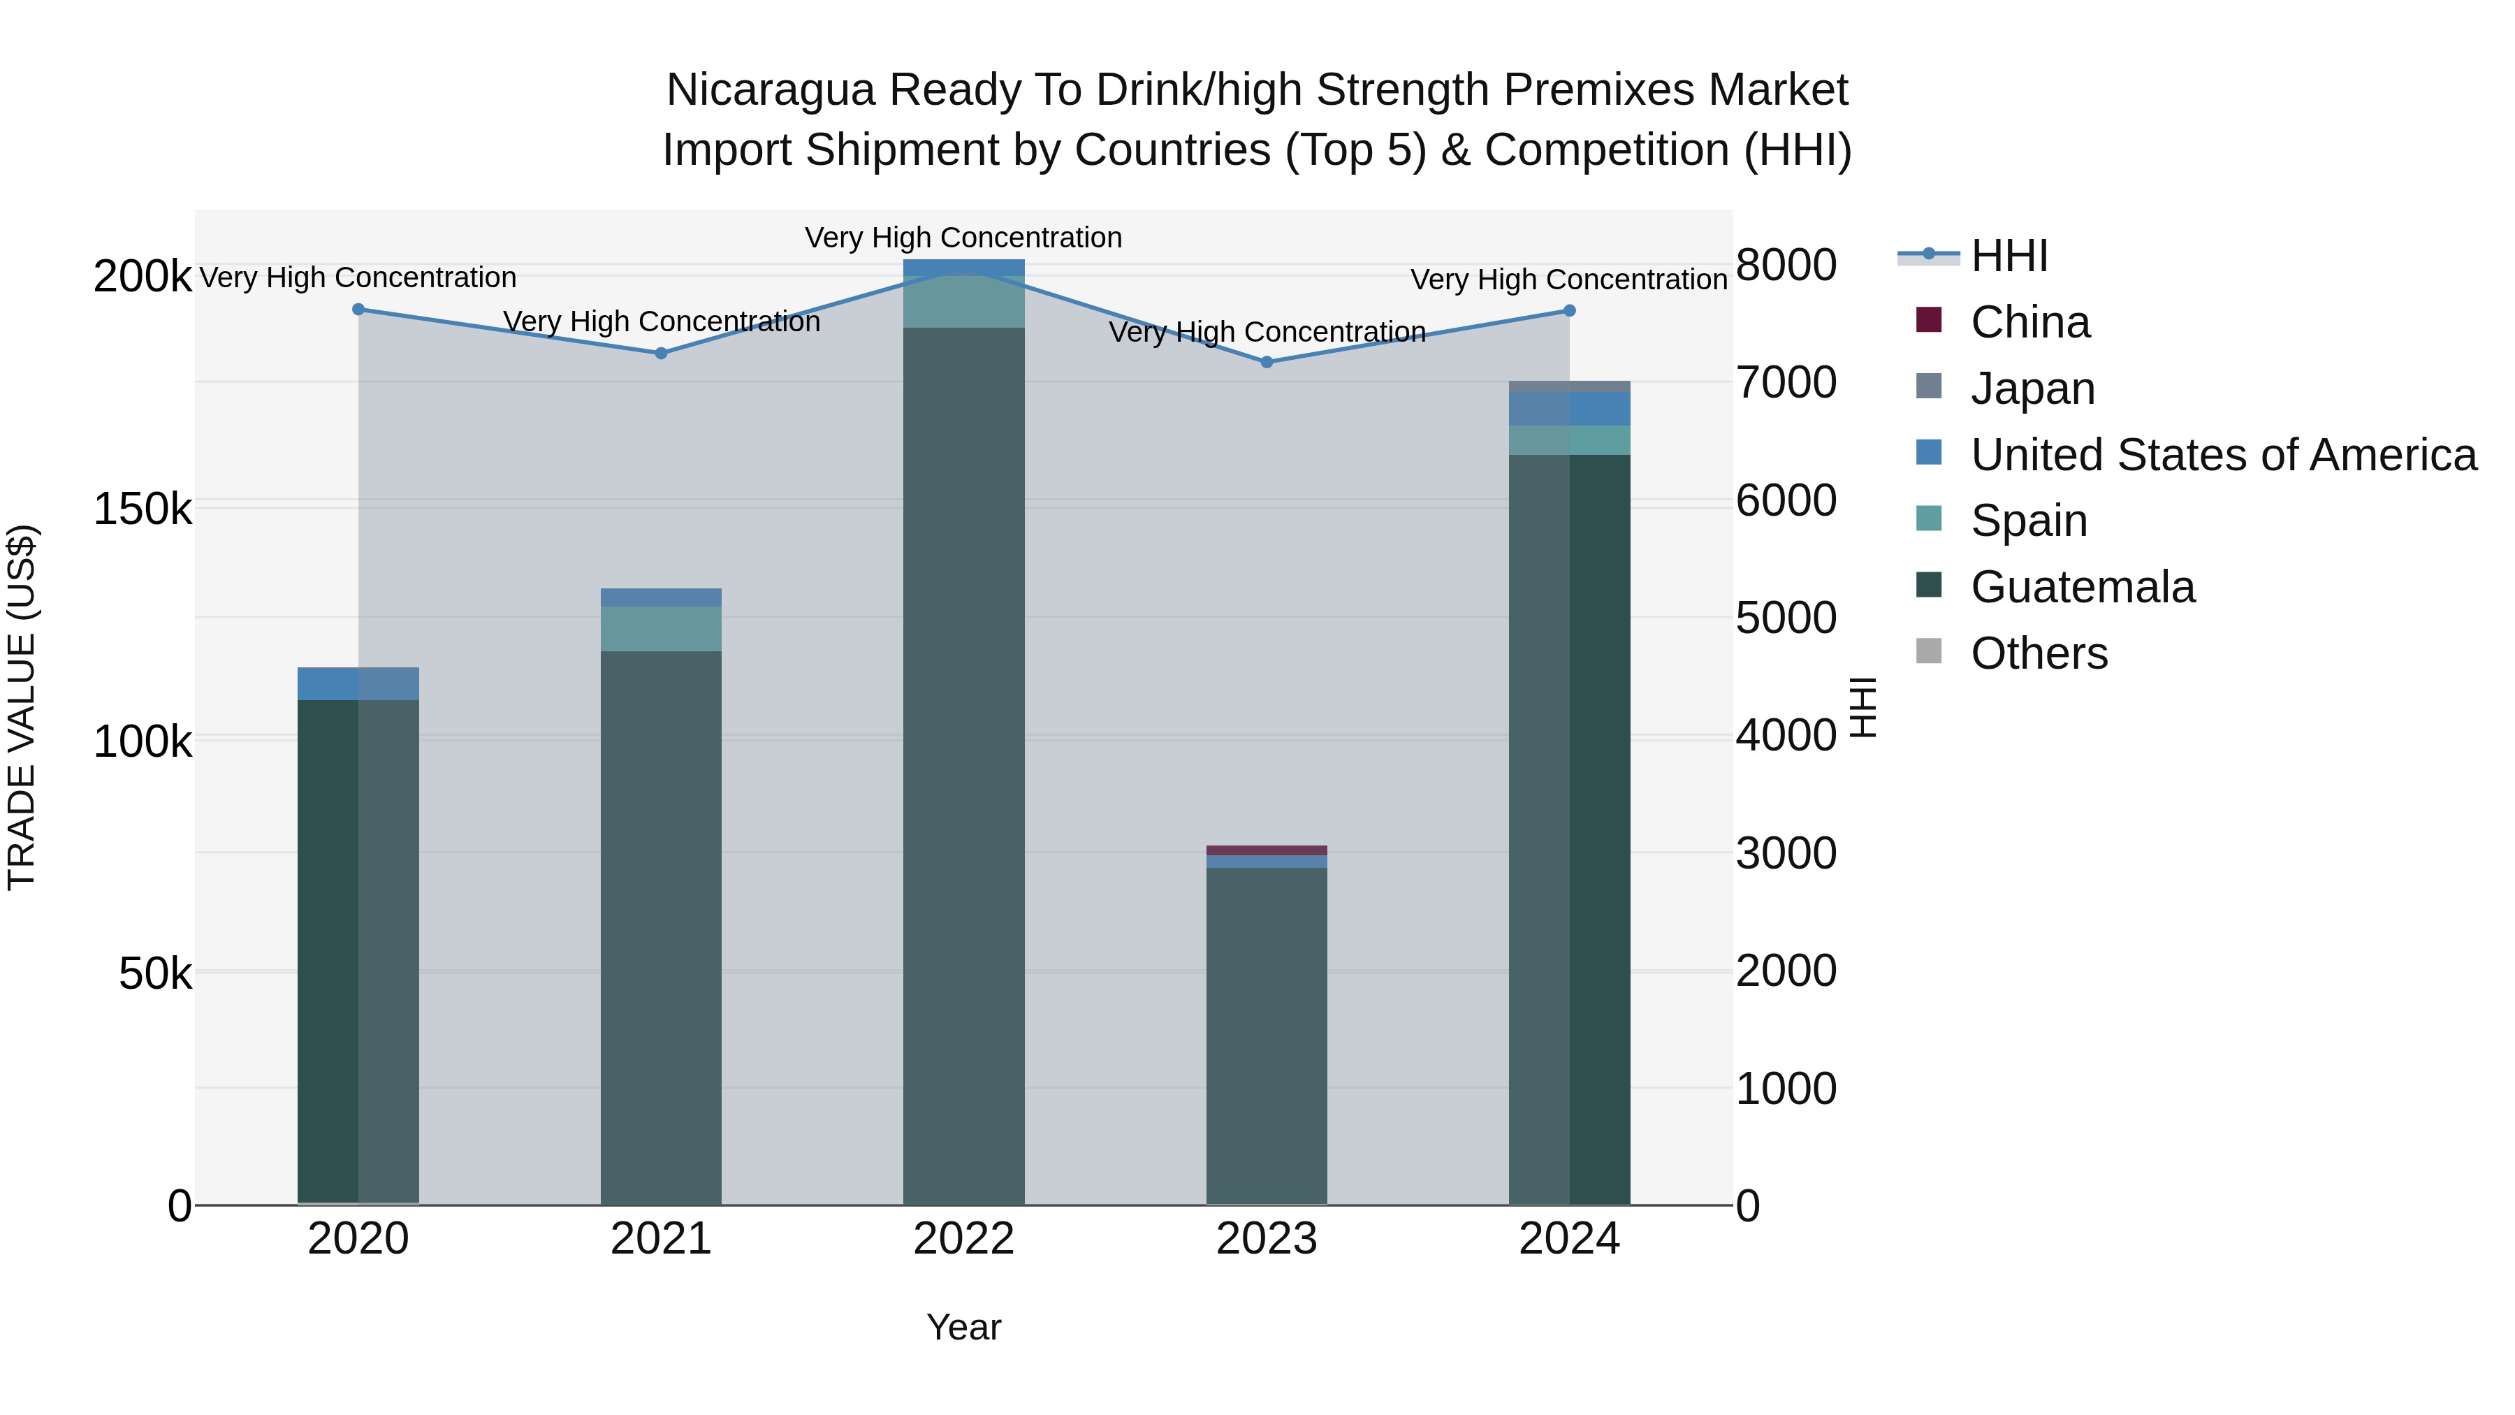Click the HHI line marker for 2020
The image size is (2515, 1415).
click(x=358, y=310)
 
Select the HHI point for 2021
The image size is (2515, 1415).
click(x=661, y=354)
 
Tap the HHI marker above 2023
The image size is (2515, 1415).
click(x=1267, y=362)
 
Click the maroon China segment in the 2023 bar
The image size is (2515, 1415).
click(x=1267, y=850)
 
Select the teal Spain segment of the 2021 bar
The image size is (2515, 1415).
click(x=661, y=629)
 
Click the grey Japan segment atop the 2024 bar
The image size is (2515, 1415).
click(x=1569, y=386)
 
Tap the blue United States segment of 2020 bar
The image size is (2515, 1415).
click(x=358, y=683)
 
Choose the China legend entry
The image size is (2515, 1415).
click(x=2029, y=322)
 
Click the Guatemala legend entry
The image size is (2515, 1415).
click(x=2082, y=587)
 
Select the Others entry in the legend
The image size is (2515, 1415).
click(x=2039, y=653)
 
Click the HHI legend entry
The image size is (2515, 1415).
click(x=2009, y=256)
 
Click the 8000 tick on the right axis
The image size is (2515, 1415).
click(x=1786, y=265)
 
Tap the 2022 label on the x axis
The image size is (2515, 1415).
click(x=963, y=1239)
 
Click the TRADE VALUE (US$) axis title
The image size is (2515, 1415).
click(x=22, y=707)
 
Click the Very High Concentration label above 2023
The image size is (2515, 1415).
click(x=1267, y=332)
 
